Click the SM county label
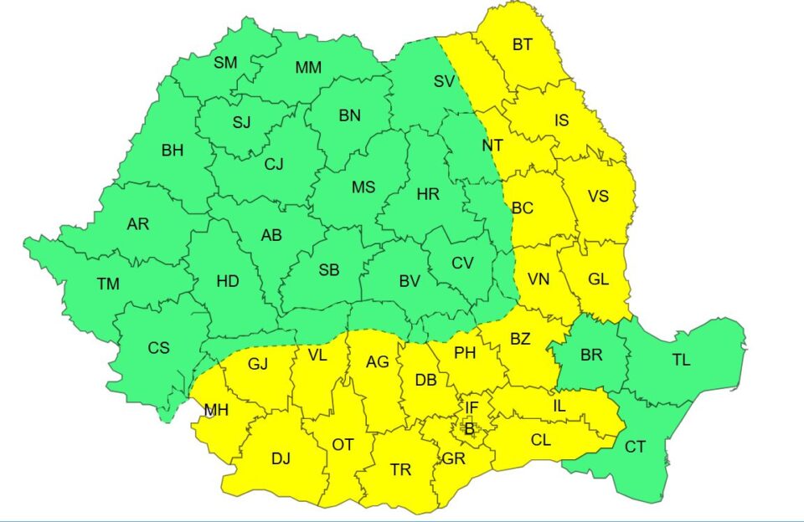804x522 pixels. pyautogui.click(x=225, y=62)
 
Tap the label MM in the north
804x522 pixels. pyautogui.click(x=309, y=67)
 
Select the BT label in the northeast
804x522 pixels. pyautogui.click(x=522, y=44)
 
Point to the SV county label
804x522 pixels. pyautogui.click(x=444, y=81)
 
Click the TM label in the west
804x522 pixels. pyautogui.click(x=107, y=284)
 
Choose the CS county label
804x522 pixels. pyautogui.click(x=158, y=348)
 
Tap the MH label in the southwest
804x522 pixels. pyautogui.click(x=216, y=411)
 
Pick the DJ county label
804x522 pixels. pyautogui.click(x=281, y=458)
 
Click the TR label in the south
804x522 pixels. pyautogui.click(x=401, y=470)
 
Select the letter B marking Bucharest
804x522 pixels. pyautogui.click(x=469, y=429)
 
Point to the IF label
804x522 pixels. pyautogui.click(x=472, y=407)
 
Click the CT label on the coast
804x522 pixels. pyautogui.click(x=635, y=447)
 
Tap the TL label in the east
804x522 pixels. pyautogui.click(x=681, y=360)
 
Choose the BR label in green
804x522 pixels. pyautogui.click(x=591, y=355)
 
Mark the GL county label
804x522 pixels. pyautogui.click(x=598, y=280)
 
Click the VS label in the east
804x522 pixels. pyautogui.click(x=598, y=196)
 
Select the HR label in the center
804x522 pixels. pyautogui.click(x=428, y=193)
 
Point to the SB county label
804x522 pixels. pyautogui.click(x=329, y=270)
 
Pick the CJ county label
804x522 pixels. pyautogui.click(x=274, y=164)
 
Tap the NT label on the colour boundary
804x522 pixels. pyautogui.click(x=492, y=146)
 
